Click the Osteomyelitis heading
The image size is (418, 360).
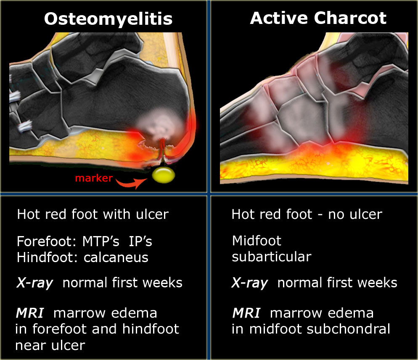point(108,19)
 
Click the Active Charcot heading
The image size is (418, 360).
point(318,18)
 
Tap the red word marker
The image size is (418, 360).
point(94,178)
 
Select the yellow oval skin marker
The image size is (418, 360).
point(164,175)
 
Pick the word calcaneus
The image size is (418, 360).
point(116,258)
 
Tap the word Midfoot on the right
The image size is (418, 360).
point(257,241)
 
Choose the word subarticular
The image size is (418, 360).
point(271,257)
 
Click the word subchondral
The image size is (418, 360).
point(348,329)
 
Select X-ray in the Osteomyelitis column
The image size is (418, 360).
point(34,283)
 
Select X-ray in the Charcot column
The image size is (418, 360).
point(249,283)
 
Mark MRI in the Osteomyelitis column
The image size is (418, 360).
point(29,313)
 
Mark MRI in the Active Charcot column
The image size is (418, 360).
point(246,313)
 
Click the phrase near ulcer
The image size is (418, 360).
point(50,345)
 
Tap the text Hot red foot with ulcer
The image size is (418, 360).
point(93,214)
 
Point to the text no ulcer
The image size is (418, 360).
point(355,214)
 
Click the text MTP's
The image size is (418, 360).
point(101,242)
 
